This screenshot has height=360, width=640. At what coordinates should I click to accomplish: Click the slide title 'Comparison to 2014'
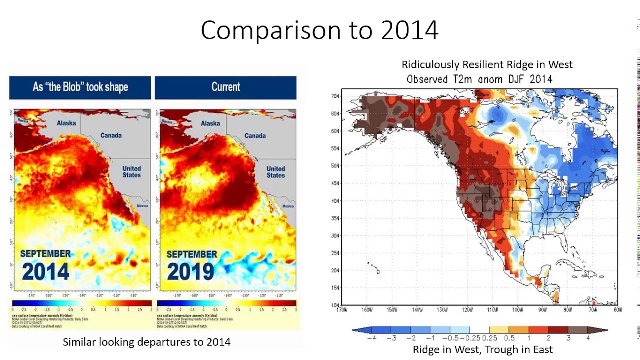tap(319, 30)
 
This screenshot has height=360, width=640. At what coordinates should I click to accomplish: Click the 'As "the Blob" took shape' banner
tap(80, 87)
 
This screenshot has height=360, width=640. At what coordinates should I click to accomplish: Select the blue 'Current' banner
tap(226, 87)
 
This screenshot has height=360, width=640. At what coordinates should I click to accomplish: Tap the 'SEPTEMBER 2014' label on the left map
tap(45, 265)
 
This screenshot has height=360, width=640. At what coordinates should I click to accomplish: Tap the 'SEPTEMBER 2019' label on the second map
tap(191, 265)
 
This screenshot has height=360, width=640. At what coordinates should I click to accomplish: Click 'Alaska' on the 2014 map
tap(66, 123)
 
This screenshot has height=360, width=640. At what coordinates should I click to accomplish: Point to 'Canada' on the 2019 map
tap(255, 136)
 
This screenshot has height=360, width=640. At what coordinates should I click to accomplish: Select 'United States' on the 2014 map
tap(132, 172)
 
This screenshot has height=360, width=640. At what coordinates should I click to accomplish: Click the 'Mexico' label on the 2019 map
tap(288, 206)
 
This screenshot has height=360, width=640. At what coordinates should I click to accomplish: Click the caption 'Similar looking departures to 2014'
tap(146, 342)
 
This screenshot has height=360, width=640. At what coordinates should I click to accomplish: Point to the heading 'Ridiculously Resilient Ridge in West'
tap(487, 65)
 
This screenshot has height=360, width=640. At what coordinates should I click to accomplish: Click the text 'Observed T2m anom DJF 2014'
tap(479, 79)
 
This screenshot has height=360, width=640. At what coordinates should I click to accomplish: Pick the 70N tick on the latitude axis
tap(335, 96)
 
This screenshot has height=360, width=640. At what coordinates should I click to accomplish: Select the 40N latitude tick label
tap(335, 201)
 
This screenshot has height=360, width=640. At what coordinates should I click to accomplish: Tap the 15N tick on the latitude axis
tap(335, 288)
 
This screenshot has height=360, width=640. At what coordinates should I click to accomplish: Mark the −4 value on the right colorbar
tap(371, 338)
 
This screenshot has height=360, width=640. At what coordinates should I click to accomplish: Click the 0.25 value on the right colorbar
tap(490, 338)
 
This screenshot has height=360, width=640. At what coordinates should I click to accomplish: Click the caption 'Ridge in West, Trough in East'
tap(482, 350)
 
